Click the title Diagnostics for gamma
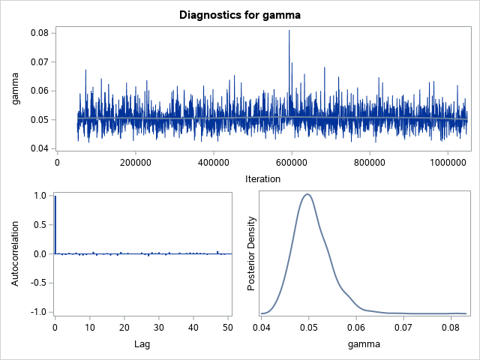[240, 14]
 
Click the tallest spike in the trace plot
[289, 32]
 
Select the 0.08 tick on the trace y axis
[39, 33]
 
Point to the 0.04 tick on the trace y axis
[39, 148]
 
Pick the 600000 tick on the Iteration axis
[292, 161]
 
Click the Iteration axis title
[262, 178]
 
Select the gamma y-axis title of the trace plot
[13, 91]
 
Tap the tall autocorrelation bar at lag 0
[55, 224]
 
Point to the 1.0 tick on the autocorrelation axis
[41, 196]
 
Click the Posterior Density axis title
[252, 253]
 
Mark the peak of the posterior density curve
[307, 194]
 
